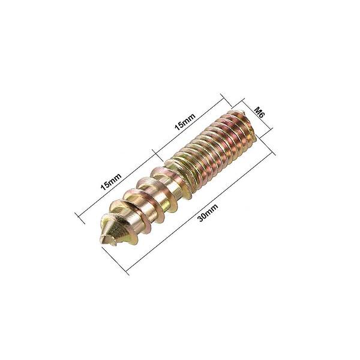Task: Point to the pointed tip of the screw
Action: [103, 240]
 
